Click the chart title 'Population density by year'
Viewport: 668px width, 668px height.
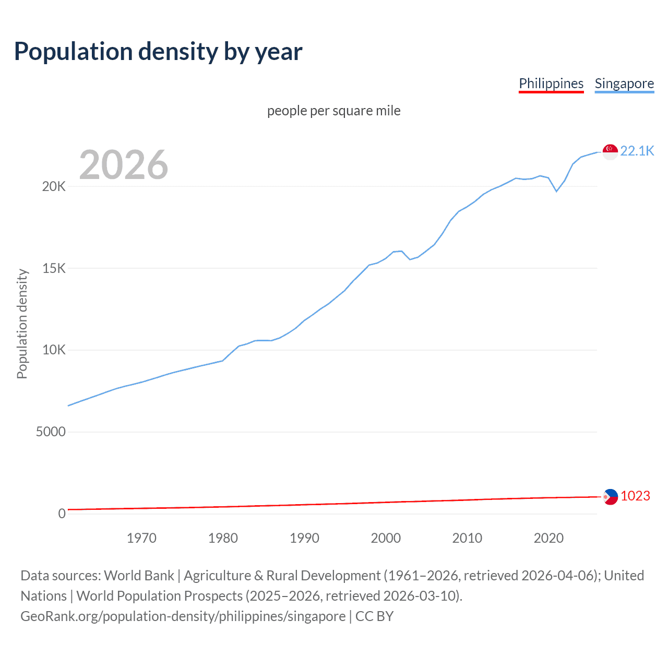click(158, 52)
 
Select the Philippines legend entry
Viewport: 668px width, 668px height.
click(551, 83)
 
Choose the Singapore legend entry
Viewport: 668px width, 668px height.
click(624, 83)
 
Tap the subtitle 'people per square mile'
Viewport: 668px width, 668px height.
click(333, 111)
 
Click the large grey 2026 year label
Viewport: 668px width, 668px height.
click(124, 165)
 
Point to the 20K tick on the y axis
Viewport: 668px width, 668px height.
click(54, 187)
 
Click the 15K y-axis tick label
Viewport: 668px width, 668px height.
click(54, 268)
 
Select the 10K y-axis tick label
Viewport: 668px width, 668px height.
click(54, 350)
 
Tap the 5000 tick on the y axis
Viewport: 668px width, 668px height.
click(51, 432)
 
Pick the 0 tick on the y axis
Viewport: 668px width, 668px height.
click(62, 514)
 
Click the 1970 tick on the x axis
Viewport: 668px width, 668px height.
click(141, 538)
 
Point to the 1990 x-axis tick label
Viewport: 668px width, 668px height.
click(304, 538)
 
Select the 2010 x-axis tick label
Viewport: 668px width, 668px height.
click(467, 538)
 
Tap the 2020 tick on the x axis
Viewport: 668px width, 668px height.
click(548, 538)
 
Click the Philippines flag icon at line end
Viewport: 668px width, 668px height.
click(610, 497)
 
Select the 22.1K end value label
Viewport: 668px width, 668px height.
click(637, 151)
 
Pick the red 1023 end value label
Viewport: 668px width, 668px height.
click(635, 496)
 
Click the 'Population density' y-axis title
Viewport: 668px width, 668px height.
click(22, 324)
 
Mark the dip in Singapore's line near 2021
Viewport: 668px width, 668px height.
click(556, 191)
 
